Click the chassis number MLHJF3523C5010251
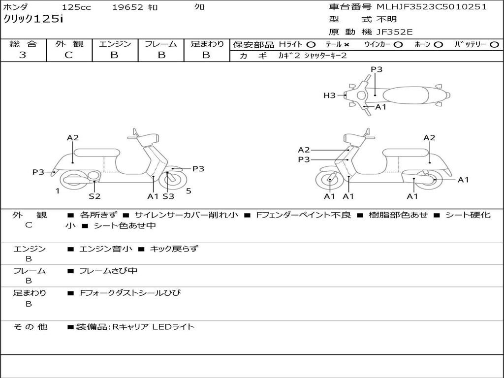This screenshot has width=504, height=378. point(432,7)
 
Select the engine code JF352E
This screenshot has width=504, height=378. point(395,32)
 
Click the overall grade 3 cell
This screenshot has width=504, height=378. point(23,55)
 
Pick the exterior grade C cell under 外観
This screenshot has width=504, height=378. point(68,55)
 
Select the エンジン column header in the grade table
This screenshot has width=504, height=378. point(115,44)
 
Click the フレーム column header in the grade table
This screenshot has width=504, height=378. point(161,44)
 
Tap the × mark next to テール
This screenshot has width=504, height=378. point(346,44)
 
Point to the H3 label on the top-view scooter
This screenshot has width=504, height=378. point(329,95)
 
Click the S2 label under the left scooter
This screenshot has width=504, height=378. point(94,196)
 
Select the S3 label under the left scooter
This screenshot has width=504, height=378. point(168,196)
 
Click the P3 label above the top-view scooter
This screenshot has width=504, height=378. point(377,69)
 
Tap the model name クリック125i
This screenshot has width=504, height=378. point(33,20)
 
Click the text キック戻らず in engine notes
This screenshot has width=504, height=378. point(174,249)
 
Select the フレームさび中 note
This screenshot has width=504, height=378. point(108,271)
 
